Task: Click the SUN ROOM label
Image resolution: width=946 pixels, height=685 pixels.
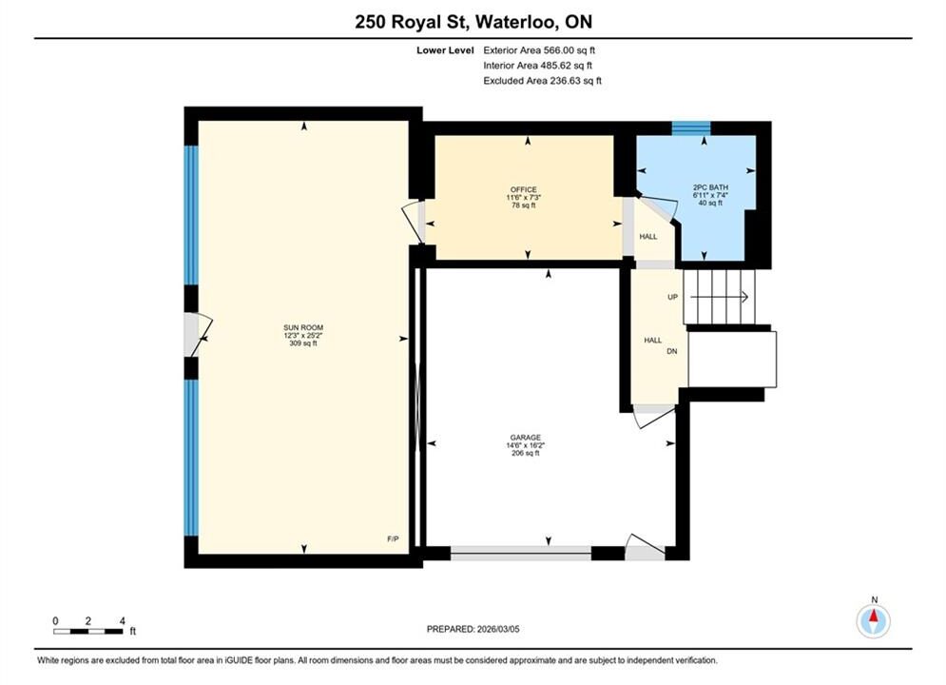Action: (x=303, y=327)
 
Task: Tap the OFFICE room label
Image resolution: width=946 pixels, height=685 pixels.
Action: (x=523, y=189)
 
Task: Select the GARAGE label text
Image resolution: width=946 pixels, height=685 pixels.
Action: (x=526, y=438)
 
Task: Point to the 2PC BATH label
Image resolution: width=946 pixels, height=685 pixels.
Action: (x=711, y=187)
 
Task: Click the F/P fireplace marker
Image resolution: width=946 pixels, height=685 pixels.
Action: (x=393, y=538)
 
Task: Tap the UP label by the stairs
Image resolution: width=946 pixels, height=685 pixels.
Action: (x=673, y=297)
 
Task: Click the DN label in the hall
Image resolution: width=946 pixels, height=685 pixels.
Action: (x=672, y=351)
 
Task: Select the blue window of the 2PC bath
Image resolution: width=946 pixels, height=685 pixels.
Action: (x=691, y=127)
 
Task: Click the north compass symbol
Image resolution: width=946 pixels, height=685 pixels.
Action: (x=874, y=619)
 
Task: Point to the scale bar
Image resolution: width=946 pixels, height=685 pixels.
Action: (x=88, y=632)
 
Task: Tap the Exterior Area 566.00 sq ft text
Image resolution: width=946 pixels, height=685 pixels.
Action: (x=539, y=50)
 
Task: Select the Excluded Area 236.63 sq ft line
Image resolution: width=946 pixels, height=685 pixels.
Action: (x=542, y=80)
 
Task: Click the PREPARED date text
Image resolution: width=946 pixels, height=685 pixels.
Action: (x=473, y=629)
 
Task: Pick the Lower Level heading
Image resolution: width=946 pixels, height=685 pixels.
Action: (x=445, y=50)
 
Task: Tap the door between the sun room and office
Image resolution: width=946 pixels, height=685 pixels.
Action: (x=414, y=222)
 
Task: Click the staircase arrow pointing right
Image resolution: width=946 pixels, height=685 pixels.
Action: (x=719, y=297)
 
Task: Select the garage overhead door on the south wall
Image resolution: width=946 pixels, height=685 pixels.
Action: (x=521, y=553)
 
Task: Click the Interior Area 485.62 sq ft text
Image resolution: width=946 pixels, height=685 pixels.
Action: (x=537, y=66)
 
